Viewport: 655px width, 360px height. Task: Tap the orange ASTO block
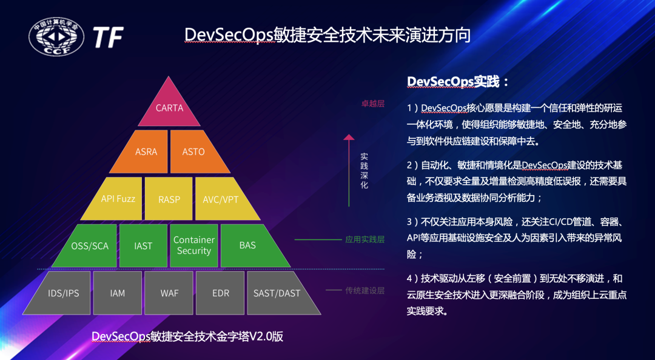[193, 152]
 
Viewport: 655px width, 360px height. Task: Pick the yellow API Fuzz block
[118, 198]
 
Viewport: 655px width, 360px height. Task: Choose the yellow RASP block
[169, 199]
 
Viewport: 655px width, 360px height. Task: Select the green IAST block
[143, 245]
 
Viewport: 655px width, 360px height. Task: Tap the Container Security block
[194, 245]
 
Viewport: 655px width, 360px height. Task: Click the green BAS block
[247, 245]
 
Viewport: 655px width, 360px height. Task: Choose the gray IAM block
[118, 293]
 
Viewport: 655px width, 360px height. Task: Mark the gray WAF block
[169, 293]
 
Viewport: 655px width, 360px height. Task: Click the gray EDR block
[220, 293]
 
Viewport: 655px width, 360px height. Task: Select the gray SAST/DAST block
[277, 293]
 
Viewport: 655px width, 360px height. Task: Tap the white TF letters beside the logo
[108, 38]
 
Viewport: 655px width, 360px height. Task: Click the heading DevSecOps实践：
[458, 82]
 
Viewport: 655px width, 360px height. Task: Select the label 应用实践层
[364, 239]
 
